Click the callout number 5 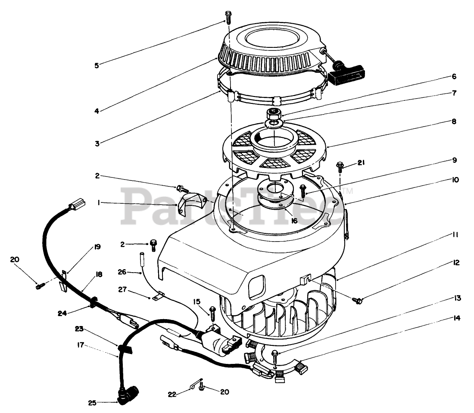click(x=97, y=66)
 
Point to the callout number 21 click(x=361, y=162)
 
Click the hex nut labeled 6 click(x=274, y=115)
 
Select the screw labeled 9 click(x=303, y=188)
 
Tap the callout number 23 click(x=79, y=329)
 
